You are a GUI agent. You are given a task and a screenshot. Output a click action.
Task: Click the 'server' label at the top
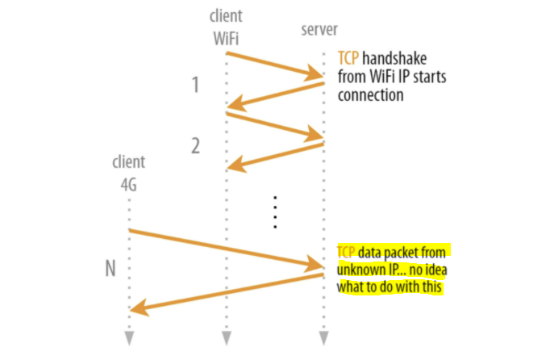click(318, 30)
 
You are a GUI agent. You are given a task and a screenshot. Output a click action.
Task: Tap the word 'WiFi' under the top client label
click(226, 36)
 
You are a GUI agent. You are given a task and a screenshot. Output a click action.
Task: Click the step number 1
click(194, 84)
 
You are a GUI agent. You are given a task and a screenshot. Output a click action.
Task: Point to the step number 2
click(194, 146)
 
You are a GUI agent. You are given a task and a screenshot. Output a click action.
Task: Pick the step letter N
click(110, 268)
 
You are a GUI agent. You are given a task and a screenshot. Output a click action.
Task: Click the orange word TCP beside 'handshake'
click(349, 59)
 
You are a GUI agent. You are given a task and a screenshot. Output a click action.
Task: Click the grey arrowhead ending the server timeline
click(323, 337)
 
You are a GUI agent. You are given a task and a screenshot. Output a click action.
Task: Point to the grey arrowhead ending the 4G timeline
click(129, 337)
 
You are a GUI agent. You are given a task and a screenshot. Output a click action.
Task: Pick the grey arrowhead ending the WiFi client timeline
click(226, 337)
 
